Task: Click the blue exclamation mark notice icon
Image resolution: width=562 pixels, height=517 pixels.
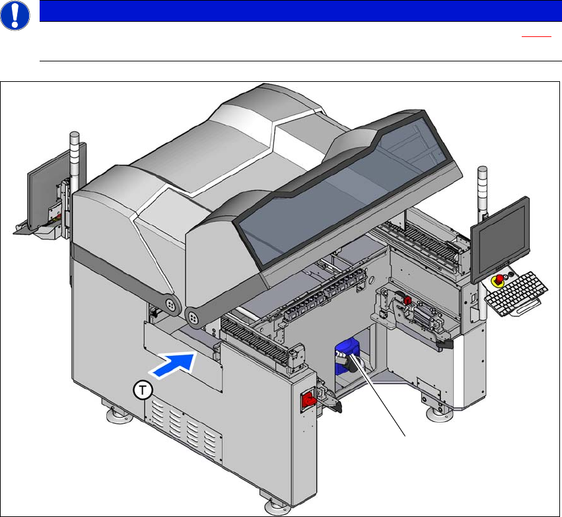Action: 15,15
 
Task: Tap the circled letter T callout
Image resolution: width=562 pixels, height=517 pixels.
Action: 143,390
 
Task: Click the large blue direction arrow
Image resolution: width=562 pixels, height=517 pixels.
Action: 173,364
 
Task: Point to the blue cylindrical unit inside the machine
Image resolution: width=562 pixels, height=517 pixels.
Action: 346,356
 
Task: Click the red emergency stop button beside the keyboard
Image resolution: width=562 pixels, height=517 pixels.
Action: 499,279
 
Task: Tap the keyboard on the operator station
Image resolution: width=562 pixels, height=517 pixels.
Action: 516,293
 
